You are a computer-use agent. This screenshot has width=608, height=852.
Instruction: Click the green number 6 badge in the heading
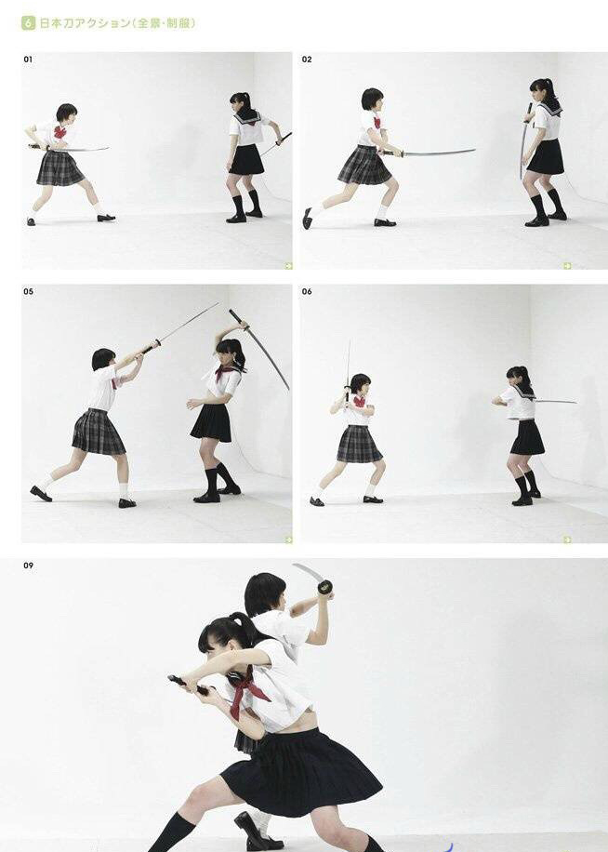tap(28, 23)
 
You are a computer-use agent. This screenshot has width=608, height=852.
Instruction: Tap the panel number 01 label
tap(28, 60)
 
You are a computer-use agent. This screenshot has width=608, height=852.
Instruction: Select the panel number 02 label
tap(307, 60)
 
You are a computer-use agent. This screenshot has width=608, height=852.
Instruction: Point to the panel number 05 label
tap(28, 292)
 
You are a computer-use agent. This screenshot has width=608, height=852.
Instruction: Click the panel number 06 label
tap(307, 292)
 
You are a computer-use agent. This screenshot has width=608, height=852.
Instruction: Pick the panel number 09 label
tap(28, 566)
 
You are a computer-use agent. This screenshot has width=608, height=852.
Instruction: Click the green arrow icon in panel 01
tap(289, 266)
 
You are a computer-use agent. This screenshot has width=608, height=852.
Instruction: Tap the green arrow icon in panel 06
tap(567, 539)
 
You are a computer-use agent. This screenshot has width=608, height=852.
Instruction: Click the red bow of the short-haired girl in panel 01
tap(59, 132)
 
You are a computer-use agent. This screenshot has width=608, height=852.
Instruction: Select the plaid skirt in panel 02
tap(364, 166)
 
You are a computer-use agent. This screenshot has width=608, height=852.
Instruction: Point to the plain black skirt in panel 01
tap(246, 160)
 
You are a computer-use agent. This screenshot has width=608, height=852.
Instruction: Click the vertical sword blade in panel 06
tap(348, 364)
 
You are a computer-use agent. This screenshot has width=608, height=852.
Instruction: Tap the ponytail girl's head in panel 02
tap(541, 92)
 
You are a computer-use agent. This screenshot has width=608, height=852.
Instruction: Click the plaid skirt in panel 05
tap(99, 432)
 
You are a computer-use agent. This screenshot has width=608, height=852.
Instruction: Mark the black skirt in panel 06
tap(527, 437)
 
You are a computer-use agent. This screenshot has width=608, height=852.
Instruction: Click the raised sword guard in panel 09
tap(325, 587)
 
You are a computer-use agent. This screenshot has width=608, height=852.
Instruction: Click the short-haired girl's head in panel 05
tap(104, 359)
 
